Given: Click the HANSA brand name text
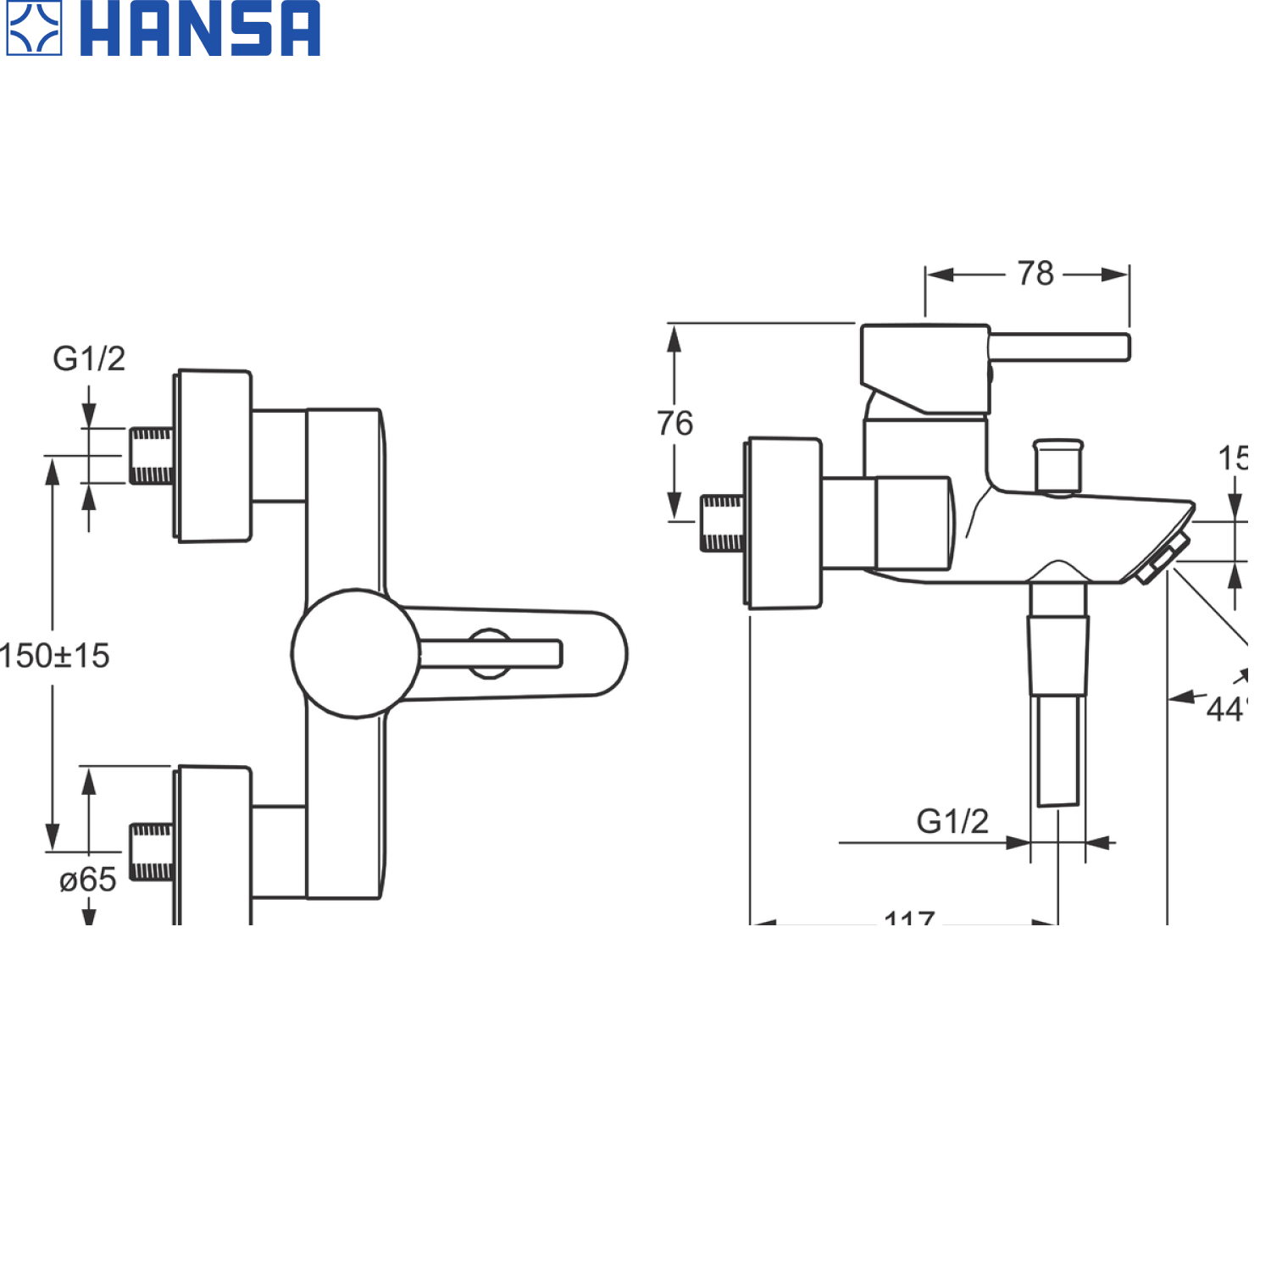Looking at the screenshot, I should point(200,30).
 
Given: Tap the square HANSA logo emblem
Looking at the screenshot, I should point(34,29).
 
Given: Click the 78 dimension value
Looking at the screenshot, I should point(1035,274).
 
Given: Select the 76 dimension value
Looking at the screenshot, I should point(675,423).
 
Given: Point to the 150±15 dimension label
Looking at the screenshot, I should point(56,656).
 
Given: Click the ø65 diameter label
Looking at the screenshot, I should point(87,880).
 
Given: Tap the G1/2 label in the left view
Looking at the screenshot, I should point(89,358).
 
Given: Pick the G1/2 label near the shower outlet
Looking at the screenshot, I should point(952,821).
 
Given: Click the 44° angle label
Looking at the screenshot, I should point(1227,708).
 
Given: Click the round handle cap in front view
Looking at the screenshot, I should point(356,653).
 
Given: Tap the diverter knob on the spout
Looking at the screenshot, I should point(1058,464).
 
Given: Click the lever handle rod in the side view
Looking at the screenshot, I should point(1059,347).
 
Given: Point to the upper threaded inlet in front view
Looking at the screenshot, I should point(152,456).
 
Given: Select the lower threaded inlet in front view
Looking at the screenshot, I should point(152,852).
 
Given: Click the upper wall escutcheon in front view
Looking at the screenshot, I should point(214,456).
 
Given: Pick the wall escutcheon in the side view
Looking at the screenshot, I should point(784,523).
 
